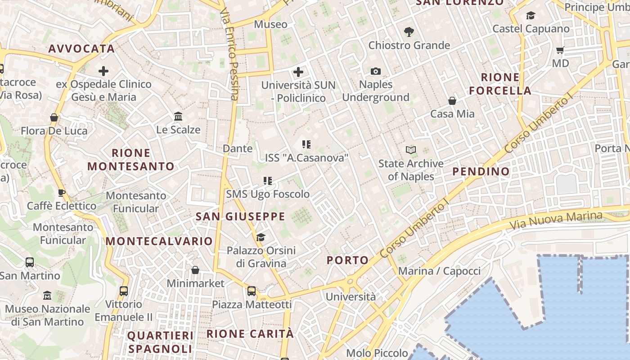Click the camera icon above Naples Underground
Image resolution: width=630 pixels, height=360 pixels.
[x=376, y=71]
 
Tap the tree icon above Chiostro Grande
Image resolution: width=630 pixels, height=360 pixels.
[x=409, y=32]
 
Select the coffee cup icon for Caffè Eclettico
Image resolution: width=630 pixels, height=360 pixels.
[x=62, y=193]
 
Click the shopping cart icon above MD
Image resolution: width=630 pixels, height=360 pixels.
[x=560, y=50]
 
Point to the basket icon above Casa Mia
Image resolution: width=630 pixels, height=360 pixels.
[x=452, y=101]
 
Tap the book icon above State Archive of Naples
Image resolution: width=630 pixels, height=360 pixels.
[x=411, y=150]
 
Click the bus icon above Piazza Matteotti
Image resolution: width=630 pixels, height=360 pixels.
[x=252, y=291]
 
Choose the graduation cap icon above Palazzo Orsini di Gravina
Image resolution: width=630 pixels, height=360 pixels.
[x=261, y=237]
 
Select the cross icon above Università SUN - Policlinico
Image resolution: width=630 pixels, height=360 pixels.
[x=298, y=72]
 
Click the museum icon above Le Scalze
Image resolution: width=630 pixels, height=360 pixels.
[x=178, y=117]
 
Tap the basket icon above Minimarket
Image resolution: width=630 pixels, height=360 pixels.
[x=195, y=270]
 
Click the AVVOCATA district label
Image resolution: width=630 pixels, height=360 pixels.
[x=81, y=49]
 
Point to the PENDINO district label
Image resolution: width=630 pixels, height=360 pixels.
[x=481, y=171]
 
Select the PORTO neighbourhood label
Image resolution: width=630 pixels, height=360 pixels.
[x=348, y=260]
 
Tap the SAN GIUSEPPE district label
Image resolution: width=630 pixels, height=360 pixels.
[x=241, y=216]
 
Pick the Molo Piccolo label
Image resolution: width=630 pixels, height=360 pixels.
[x=377, y=353]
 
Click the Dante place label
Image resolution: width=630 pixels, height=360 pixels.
[x=238, y=148]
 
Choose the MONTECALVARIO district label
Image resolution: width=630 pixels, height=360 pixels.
[x=159, y=241]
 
